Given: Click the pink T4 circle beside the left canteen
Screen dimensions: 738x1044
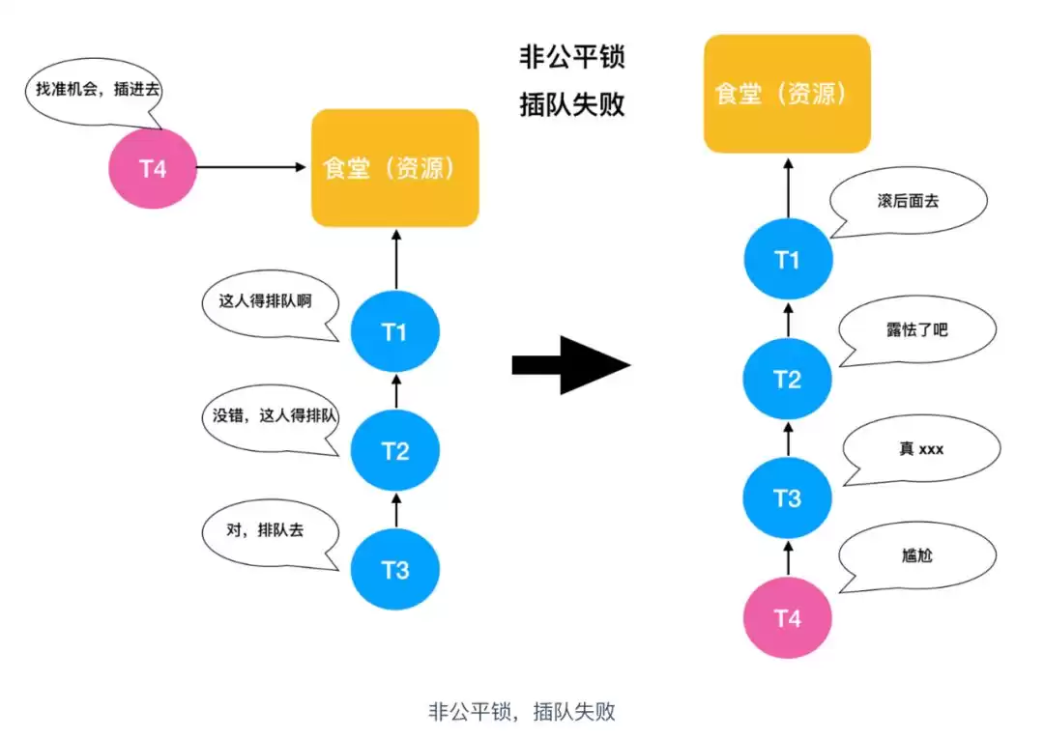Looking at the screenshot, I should pyautogui.click(x=152, y=168).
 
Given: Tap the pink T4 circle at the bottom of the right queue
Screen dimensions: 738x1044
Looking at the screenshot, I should pyautogui.click(x=787, y=617).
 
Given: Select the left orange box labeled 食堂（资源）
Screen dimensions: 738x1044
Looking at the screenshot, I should pyautogui.click(x=394, y=168).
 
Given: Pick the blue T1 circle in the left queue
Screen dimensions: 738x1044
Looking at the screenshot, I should pyautogui.click(x=394, y=332).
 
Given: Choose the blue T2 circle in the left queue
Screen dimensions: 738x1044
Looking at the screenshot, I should pyautogui.click(x=394, y=451).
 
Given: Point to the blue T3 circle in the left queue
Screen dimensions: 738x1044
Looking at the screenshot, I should pyautogui.click(x=394, y=570).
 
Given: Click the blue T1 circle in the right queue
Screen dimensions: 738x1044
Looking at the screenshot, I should pyautogui.click(x=787, y=261).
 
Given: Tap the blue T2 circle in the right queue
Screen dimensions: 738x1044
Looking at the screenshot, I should pyautogui.click(x=787, y=380).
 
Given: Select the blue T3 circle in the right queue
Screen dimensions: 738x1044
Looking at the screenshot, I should pyautogui.click(x=787, y=498).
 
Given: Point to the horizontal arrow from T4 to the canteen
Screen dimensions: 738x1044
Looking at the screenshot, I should pyautogui.click(x=251, y=168).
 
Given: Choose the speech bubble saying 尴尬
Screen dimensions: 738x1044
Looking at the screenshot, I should pyautogui.click(x=916, y=556).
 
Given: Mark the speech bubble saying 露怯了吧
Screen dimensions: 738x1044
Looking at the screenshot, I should pyautogui.click(x=916, y=330).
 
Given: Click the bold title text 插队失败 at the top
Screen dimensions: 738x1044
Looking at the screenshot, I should pyautogui.click(x=572, y=103).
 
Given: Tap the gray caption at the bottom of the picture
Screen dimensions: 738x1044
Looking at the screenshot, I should pyautogui.click(x=522, y=713).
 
